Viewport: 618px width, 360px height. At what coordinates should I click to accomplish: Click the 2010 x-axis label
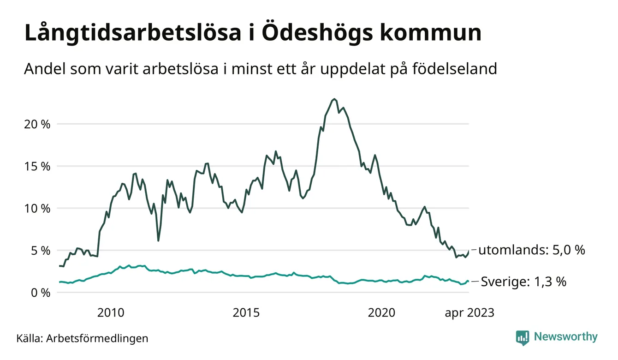point(111,313)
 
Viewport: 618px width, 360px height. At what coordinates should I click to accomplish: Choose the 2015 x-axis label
point(246,313)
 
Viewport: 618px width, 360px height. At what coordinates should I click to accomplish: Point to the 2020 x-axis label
point(381,313)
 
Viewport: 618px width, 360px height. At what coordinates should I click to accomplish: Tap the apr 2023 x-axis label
point(469,313)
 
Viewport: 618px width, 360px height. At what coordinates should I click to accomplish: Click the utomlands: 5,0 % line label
point(531,251)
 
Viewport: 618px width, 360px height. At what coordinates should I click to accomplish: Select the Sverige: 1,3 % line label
point(523,282)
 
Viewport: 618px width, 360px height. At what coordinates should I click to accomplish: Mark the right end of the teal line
point(468,282)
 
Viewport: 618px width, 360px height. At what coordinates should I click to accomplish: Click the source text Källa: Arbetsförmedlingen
point(83,338)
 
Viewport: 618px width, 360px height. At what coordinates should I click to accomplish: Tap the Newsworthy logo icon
point(523,337)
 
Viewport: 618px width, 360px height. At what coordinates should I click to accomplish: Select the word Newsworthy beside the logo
point(565,337)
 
